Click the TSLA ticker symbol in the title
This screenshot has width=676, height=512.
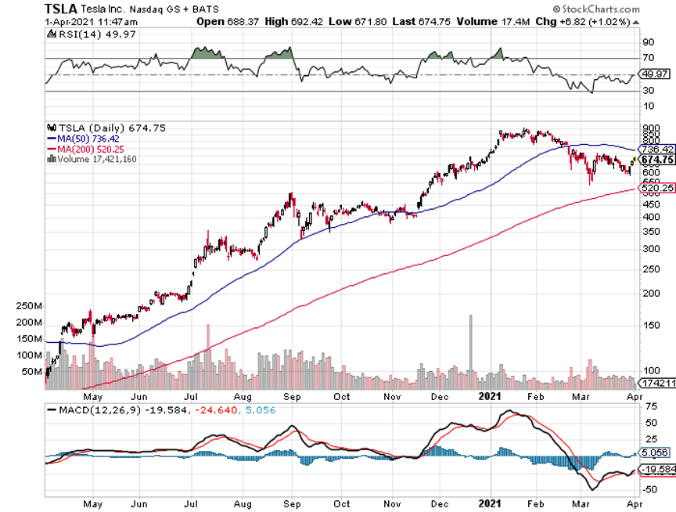tap(61, 9)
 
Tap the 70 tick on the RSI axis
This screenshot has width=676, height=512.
tap(648, 58)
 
